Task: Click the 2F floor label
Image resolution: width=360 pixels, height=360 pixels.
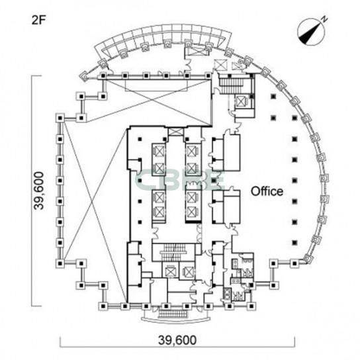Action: pyautogui.click(x=39, y=21)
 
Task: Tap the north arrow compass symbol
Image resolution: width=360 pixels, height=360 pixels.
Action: pyautogui.click(x=311, y=32)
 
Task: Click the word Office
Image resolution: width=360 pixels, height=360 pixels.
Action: pyautogui.click(x=267, y=191)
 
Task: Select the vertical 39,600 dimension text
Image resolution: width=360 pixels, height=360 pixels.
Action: pyautogui.click(x=38, y=191)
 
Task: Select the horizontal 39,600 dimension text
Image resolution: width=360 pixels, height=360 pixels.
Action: pyautogui.click(x=177, y=340)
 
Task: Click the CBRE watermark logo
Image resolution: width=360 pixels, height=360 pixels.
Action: pyautogui.click(x=179, y=180)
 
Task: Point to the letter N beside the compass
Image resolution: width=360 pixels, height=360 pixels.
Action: pyautogui.click(x=324, y=19)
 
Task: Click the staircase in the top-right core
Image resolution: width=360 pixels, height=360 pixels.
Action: pyautogui.click(x=230, y=84)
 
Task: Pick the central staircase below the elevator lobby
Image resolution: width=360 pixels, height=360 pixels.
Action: pyautogui.click(x=174, y=252)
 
